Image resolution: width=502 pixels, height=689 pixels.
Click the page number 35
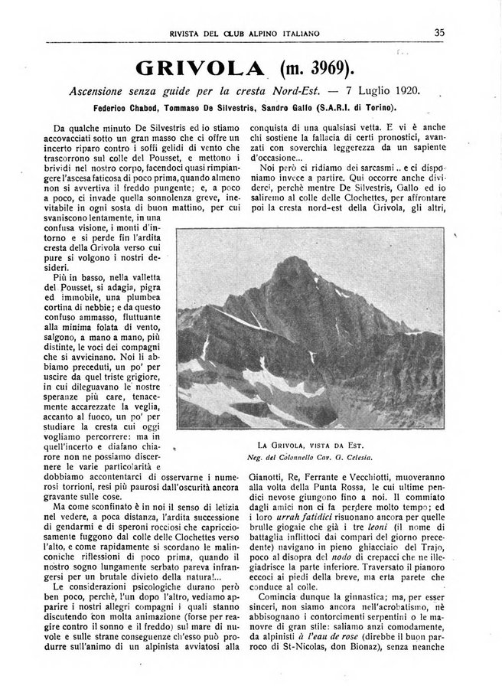pyautogui.click(x=439, y=32)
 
